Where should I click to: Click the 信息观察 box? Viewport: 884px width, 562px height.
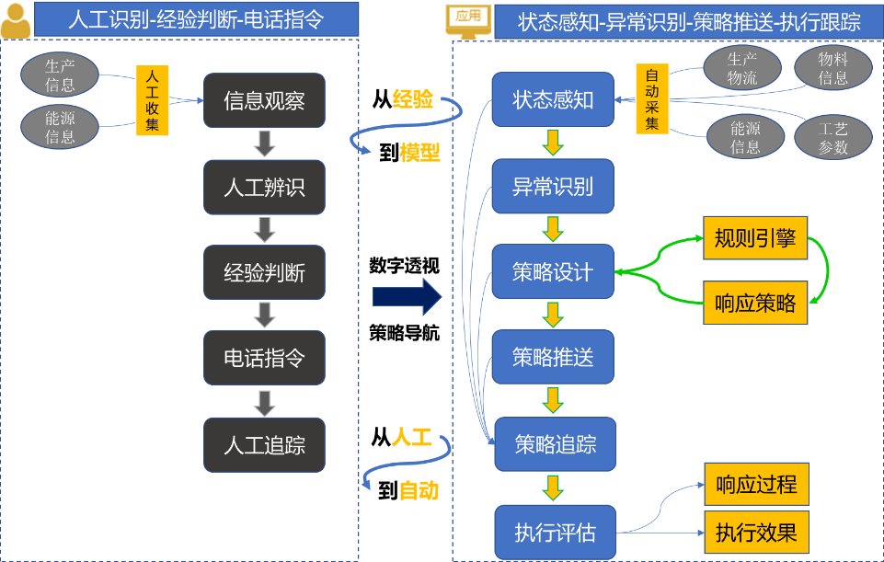[x=264, y=100]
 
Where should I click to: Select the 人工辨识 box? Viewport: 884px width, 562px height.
[x=264, y=187]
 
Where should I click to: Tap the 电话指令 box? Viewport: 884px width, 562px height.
[x=264, y=358]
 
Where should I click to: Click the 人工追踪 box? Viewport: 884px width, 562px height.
[x=264, y=445]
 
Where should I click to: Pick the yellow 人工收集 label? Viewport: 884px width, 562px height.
[x=152, y=100]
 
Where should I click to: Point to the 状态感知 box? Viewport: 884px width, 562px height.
[x=552, y=99]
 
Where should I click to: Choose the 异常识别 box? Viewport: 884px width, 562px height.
[x=552, y=187]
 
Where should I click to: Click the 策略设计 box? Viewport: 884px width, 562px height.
[x=552, y=271]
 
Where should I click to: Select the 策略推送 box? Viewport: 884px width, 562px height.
[x=552, y=358]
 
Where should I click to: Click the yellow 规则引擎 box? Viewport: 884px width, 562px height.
[x=755, y=239]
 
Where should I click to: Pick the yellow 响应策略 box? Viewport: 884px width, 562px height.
[x=755, y=303]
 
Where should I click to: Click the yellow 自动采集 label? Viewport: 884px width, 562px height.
[x=651, y=99]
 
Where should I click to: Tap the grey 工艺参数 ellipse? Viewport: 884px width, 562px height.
[x=832, y=137]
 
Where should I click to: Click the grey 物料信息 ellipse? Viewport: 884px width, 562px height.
[x=832, y=68]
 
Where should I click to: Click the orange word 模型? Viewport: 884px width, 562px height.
[x=419, y=154]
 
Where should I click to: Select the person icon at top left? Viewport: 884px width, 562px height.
[x=15, y=20]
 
